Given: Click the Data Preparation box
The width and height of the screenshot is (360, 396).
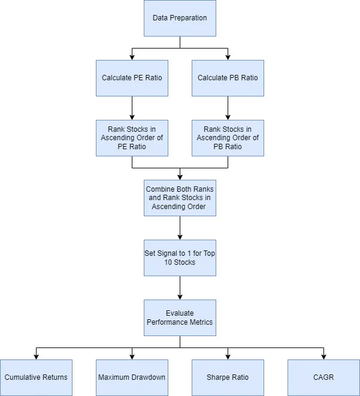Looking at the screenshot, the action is pos(180,18).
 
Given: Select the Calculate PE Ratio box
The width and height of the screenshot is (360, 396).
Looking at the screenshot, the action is pos(132,78).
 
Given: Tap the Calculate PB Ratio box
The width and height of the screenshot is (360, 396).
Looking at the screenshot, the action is pos(228,78).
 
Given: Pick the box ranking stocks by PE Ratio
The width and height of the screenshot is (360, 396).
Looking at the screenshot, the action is pos(132,138).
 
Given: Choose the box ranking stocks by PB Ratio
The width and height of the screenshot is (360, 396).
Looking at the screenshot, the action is pos(228,138).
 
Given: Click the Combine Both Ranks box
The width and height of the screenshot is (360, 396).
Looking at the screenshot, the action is pos(180,198).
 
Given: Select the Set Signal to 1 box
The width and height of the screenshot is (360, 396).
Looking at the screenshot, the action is pos(180,258).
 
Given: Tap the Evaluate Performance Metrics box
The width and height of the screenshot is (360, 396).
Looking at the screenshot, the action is pos(180,318).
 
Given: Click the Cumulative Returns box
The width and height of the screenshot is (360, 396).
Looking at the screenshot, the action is pos(36,377).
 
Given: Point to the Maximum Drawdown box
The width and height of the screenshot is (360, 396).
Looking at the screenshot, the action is pos(132,377).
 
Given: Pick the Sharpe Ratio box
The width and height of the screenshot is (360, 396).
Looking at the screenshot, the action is pos(228,377).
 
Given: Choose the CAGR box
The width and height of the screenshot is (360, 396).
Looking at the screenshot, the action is pos(324,377).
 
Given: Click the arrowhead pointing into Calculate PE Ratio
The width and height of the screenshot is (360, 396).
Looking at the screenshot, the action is pos(132,58).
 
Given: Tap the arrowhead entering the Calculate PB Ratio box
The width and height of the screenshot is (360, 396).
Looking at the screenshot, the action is pos(228,58).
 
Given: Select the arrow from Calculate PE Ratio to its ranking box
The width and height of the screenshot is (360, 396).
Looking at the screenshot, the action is pos(132,108).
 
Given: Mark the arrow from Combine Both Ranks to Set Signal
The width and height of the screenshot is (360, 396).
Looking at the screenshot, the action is pos(180,228).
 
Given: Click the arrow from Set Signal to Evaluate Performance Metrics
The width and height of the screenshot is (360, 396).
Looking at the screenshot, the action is pos(180,288).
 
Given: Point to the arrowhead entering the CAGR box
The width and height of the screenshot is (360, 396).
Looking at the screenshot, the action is pos(324,357).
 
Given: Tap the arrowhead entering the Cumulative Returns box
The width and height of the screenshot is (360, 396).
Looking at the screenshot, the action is pos(36,357).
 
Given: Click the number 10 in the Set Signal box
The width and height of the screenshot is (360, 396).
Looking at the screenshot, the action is pos(168,262).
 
